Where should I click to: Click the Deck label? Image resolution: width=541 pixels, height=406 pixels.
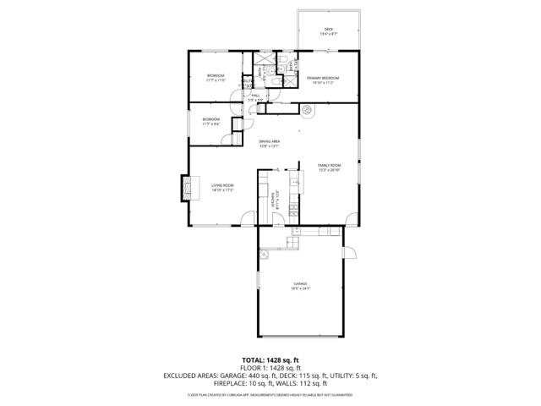tap(329, 30)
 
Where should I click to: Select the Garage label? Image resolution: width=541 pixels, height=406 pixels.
tap(300, 283)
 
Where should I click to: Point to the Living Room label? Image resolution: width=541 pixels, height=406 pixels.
tap(221, 185)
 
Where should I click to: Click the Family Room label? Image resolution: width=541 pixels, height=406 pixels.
tap(329, 165)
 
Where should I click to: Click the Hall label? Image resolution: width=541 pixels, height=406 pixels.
tap(255, 96)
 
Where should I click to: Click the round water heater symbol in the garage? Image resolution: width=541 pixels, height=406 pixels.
tap(263, 251)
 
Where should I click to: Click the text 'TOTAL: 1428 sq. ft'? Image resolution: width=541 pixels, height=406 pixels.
tap(270, 359)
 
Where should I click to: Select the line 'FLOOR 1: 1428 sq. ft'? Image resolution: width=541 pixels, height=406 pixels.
tap(270, 367)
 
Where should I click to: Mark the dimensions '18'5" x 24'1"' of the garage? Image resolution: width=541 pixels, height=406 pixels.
tap(300, 288)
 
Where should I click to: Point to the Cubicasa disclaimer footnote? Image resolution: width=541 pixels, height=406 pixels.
tap(270, 394)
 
